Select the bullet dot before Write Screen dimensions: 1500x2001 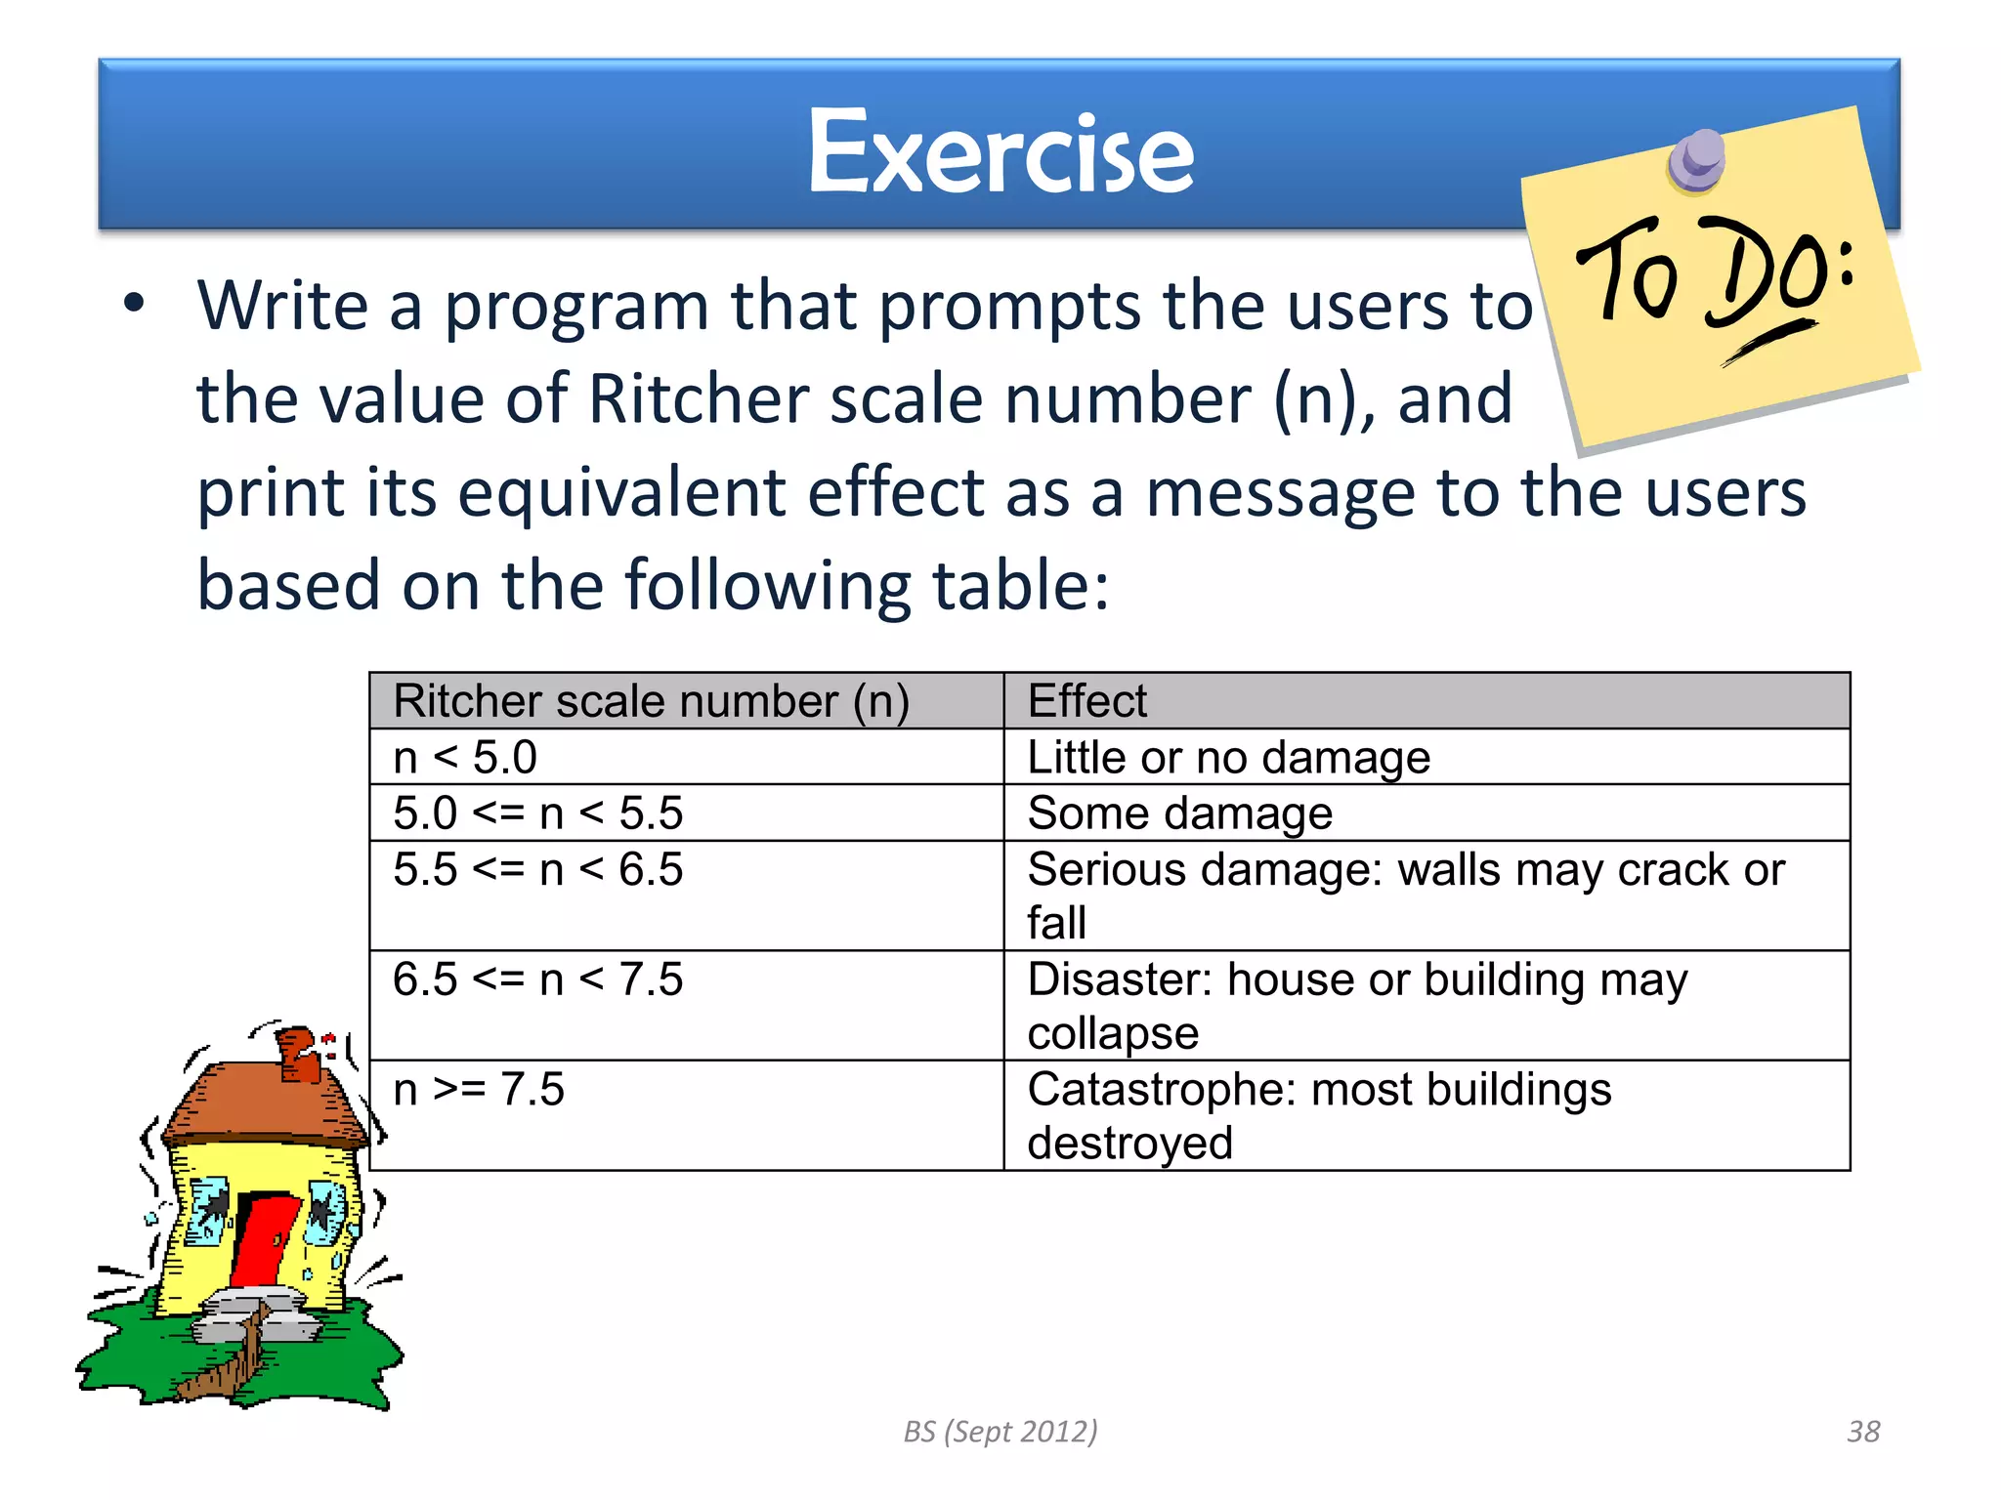(x=134, y=304)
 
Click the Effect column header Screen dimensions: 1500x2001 (x=1086, y=701)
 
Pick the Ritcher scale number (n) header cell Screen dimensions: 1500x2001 (x=651, y=701)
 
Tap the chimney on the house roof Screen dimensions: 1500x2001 (x=298, y=1055)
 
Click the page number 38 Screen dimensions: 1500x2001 (x=1863, y=1432)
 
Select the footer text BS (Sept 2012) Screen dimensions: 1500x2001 (x=1000, y=1432)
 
